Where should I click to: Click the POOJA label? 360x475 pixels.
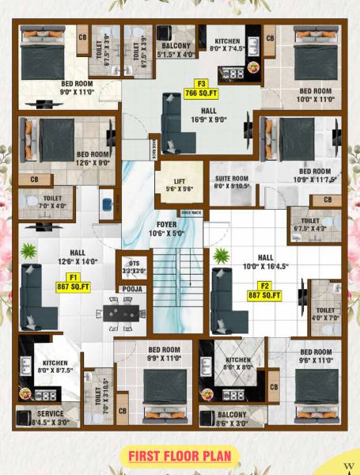click(x=132, y=290)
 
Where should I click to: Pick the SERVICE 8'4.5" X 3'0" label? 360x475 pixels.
click(x=48, y=416)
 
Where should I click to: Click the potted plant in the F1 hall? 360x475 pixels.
click(x=28, y=253)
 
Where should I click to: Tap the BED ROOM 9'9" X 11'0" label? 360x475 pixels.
click(x=165, y=353)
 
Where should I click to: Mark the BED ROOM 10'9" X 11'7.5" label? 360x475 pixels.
click(x=315, y=175)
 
